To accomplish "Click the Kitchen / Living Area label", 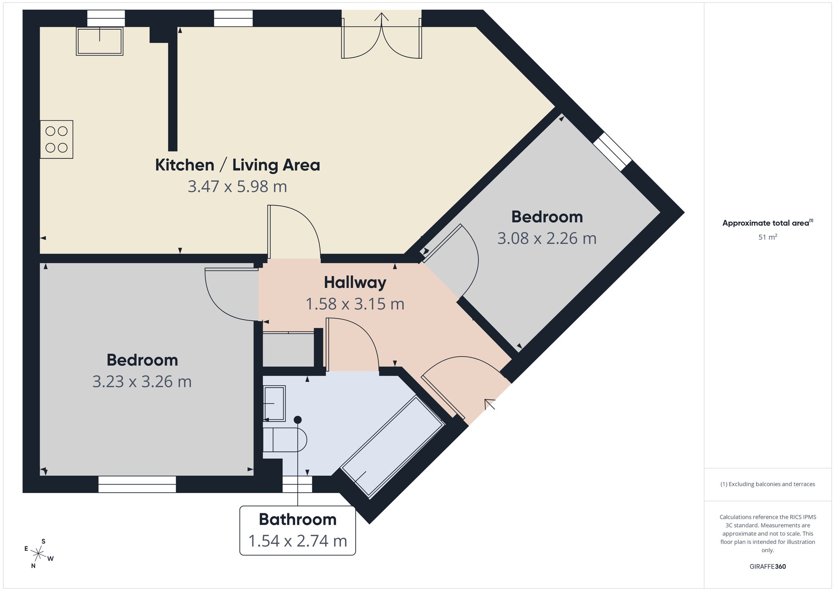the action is click(x=238, y=165).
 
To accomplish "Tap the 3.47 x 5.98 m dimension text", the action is click(x=238, y=186).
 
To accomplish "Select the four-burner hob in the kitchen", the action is click(x=57, y=140).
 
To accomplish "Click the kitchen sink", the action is click(x=100, y=41).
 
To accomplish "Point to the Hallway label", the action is click(x=355, y=282).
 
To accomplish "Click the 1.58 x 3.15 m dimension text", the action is click(x=355, y=304).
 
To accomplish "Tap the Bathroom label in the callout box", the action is click(x=298, y=519).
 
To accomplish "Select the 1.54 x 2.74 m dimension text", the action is click(x=298, y=541).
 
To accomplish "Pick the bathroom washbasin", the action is click(x=274, y=403).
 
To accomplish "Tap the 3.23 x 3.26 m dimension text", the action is click(x=142, y=381).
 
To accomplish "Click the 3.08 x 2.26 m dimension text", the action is click(x=547, y=238).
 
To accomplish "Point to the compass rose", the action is click(x=38, y=554).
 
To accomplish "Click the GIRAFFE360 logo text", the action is click(x=768, y=567).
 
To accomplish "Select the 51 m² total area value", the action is click(x=768, y=237).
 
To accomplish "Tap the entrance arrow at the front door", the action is click(x=489, y=404).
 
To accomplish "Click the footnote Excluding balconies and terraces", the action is click(x=768, y=484).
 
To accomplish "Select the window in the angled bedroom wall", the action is click(x=612, y=152).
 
